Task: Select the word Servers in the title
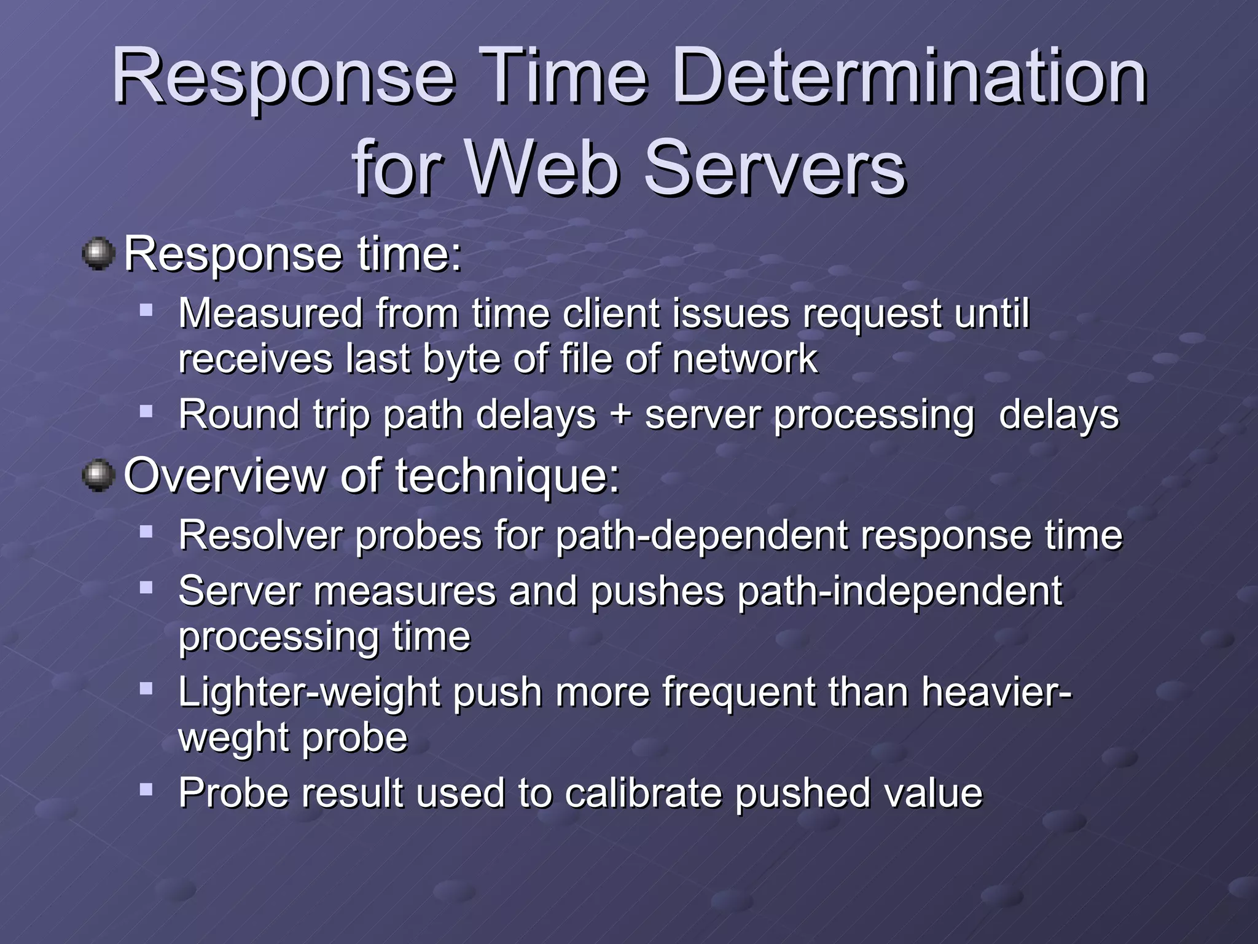[773, 168]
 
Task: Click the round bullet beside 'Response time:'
[98, 254]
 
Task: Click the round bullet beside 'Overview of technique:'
[98, 476]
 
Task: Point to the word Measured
[270, 313]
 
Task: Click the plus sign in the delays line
[620, 415]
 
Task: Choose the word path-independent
[899, 592]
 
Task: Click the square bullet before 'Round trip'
[146, 411]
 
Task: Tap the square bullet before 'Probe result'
[146, 789]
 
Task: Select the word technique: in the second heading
[507, 477]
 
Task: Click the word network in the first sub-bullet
[744, 359]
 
